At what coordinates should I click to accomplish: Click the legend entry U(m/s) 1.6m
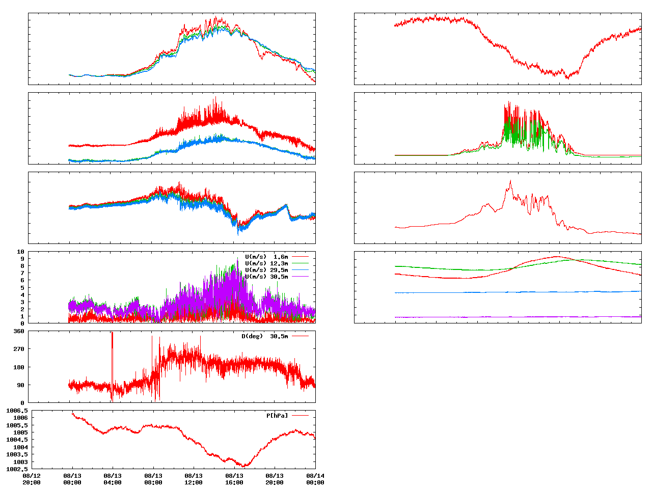(x=266, y=257)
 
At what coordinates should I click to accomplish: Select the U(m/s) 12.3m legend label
(x=266, y=263)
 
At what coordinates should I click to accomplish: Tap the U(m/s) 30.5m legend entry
(x=266, y=277)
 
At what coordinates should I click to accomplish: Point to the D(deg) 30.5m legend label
(x=264, y=336)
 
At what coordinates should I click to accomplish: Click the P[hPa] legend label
(x=277, y=416)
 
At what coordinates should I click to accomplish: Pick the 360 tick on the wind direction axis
(x=19, y=331)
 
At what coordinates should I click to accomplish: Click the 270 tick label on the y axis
(x=19, y=349)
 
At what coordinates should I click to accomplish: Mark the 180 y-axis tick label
(x=19, y=367)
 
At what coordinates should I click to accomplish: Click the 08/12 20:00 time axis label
(x=32, y=479)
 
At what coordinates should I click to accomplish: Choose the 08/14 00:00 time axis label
(x=315, y=479)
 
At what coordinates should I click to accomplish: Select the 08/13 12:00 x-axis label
(x=194, y=479)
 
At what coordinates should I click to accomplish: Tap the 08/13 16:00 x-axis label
(x=234, y=479)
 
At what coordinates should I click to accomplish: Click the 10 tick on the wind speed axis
(x=21, y=252)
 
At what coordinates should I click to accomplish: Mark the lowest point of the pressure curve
(x=245, y=466)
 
